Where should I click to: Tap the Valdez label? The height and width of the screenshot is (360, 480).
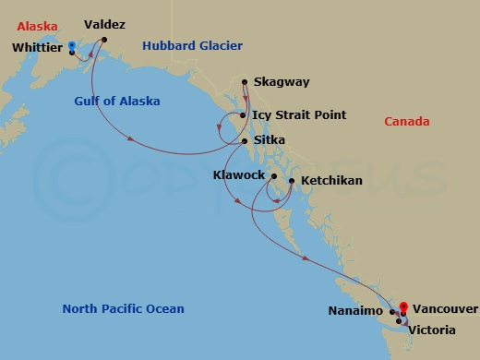click(x=104, y=25)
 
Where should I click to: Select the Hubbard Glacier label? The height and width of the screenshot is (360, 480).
click(x=192, y=45)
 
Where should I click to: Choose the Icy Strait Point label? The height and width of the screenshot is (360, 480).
click(x=299, y=115)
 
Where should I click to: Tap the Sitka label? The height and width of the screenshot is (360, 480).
click(x=269, y=139)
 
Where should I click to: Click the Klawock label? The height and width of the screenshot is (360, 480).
click(x=238, y=174)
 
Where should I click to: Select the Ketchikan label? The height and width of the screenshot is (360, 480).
click(x=331, y=181)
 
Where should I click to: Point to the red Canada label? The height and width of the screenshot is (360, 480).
click(x=407, y=122)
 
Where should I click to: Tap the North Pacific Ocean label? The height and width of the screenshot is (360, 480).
click(x=123, y=308)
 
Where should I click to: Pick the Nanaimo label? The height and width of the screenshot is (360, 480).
click(x=355, y=311)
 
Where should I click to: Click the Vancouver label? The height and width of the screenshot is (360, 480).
click(x=445, y=308)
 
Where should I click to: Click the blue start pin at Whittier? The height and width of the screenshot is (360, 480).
click(x=72, y=45)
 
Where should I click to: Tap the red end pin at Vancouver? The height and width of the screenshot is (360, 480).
click(x=402, y=308)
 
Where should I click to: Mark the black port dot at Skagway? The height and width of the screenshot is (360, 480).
click(x=245, y=82)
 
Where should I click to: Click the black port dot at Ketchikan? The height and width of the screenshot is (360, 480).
click(x=292, y=181)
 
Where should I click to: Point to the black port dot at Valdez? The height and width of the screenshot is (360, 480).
click(x=93, y=39)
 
